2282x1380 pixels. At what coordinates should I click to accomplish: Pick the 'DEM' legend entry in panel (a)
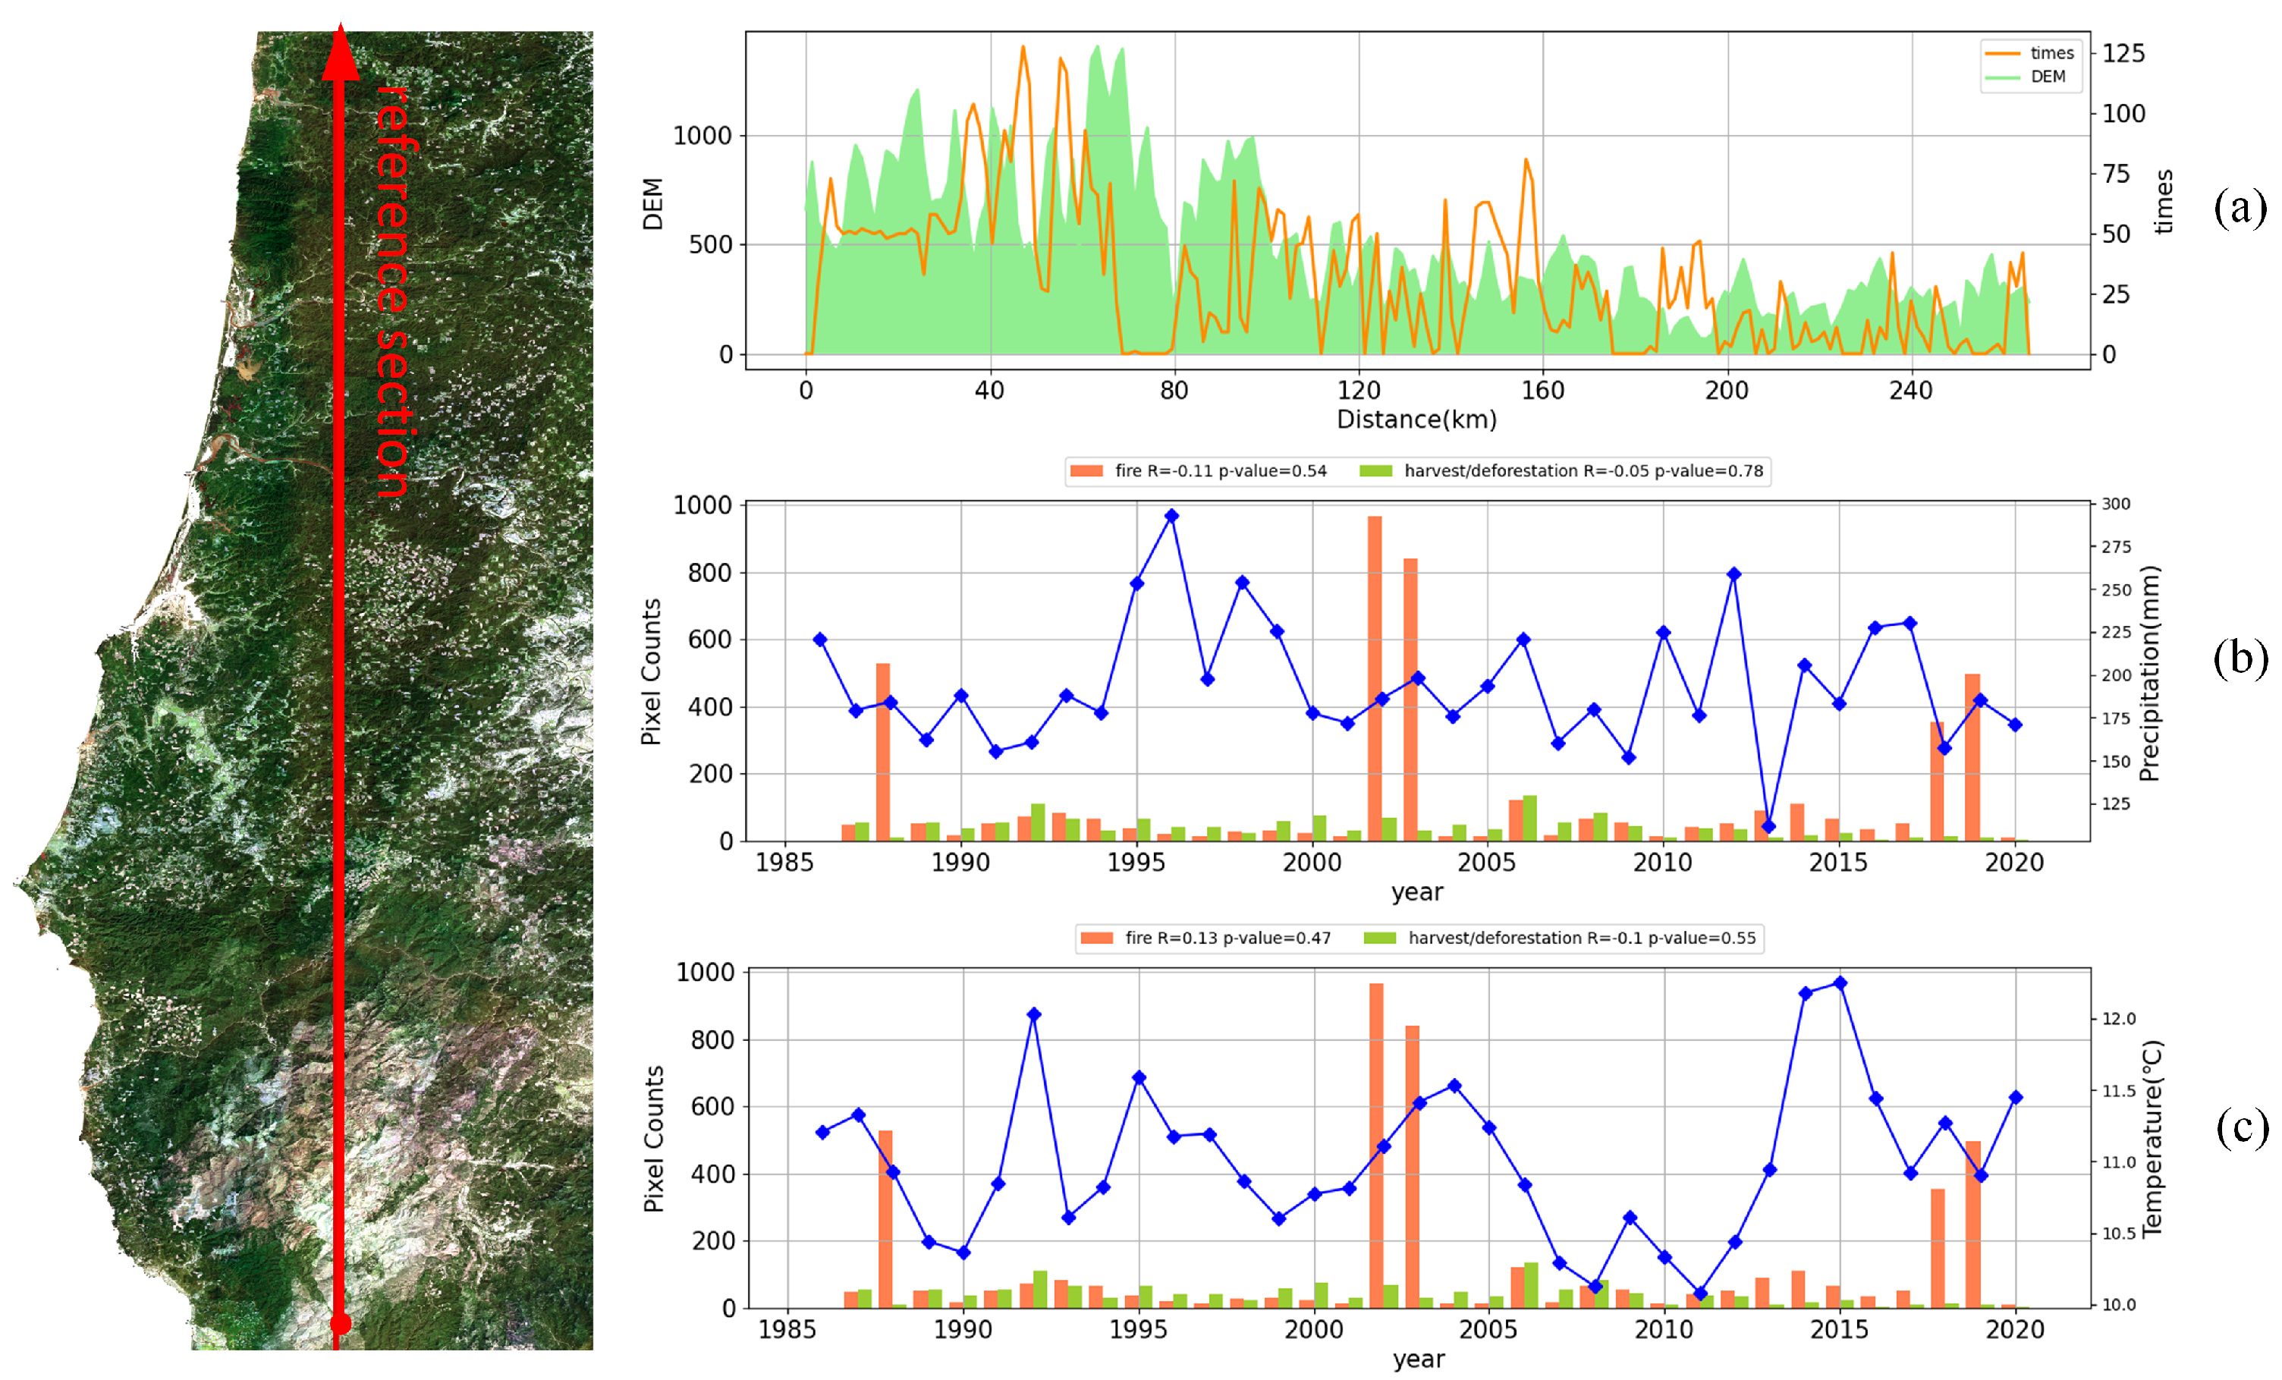[2035, 77]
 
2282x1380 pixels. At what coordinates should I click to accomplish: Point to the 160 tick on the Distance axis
[1543, 390]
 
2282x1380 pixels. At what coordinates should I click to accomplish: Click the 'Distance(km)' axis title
[1416, 420]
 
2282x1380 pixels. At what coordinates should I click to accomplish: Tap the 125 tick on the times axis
[2123, 53]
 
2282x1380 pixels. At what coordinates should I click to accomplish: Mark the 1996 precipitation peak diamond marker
[1171, 516]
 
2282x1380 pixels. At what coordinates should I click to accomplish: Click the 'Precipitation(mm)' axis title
[2149, 674]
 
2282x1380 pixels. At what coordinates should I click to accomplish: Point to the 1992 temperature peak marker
[1033, 1014]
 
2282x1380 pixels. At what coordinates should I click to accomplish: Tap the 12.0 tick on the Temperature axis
[2118, 1019]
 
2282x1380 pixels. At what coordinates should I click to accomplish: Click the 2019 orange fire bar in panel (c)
[1972, 1224]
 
